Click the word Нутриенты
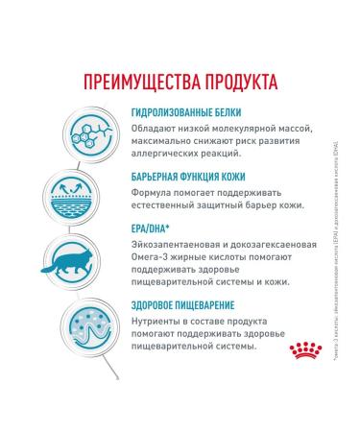[157, 326]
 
